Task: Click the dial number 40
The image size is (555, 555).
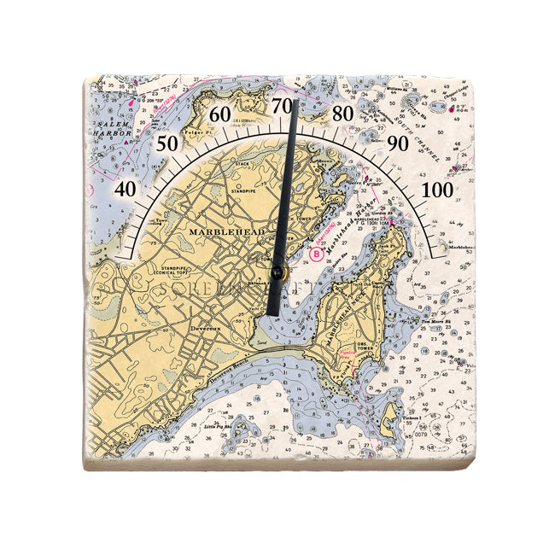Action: click(124, 189)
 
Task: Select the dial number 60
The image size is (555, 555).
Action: click(220, 114)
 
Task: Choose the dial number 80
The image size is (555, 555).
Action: click(342, 114)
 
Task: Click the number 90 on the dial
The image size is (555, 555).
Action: click(397, 143)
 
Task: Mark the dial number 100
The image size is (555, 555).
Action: click(439, 189)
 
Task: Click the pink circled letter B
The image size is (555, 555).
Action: click(318, 254)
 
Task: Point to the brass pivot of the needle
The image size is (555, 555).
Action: click(277, 272)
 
